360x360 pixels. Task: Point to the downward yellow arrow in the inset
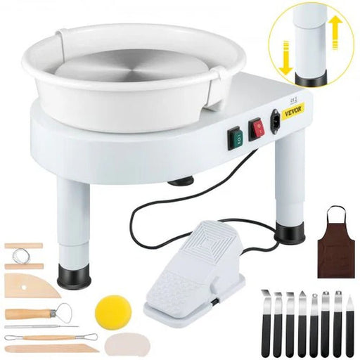[285, 56]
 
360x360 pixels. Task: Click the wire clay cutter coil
[24, 256]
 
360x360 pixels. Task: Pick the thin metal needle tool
[42, 326]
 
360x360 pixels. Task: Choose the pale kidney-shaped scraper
[125, 345]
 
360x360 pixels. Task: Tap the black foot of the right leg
[290, 232]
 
